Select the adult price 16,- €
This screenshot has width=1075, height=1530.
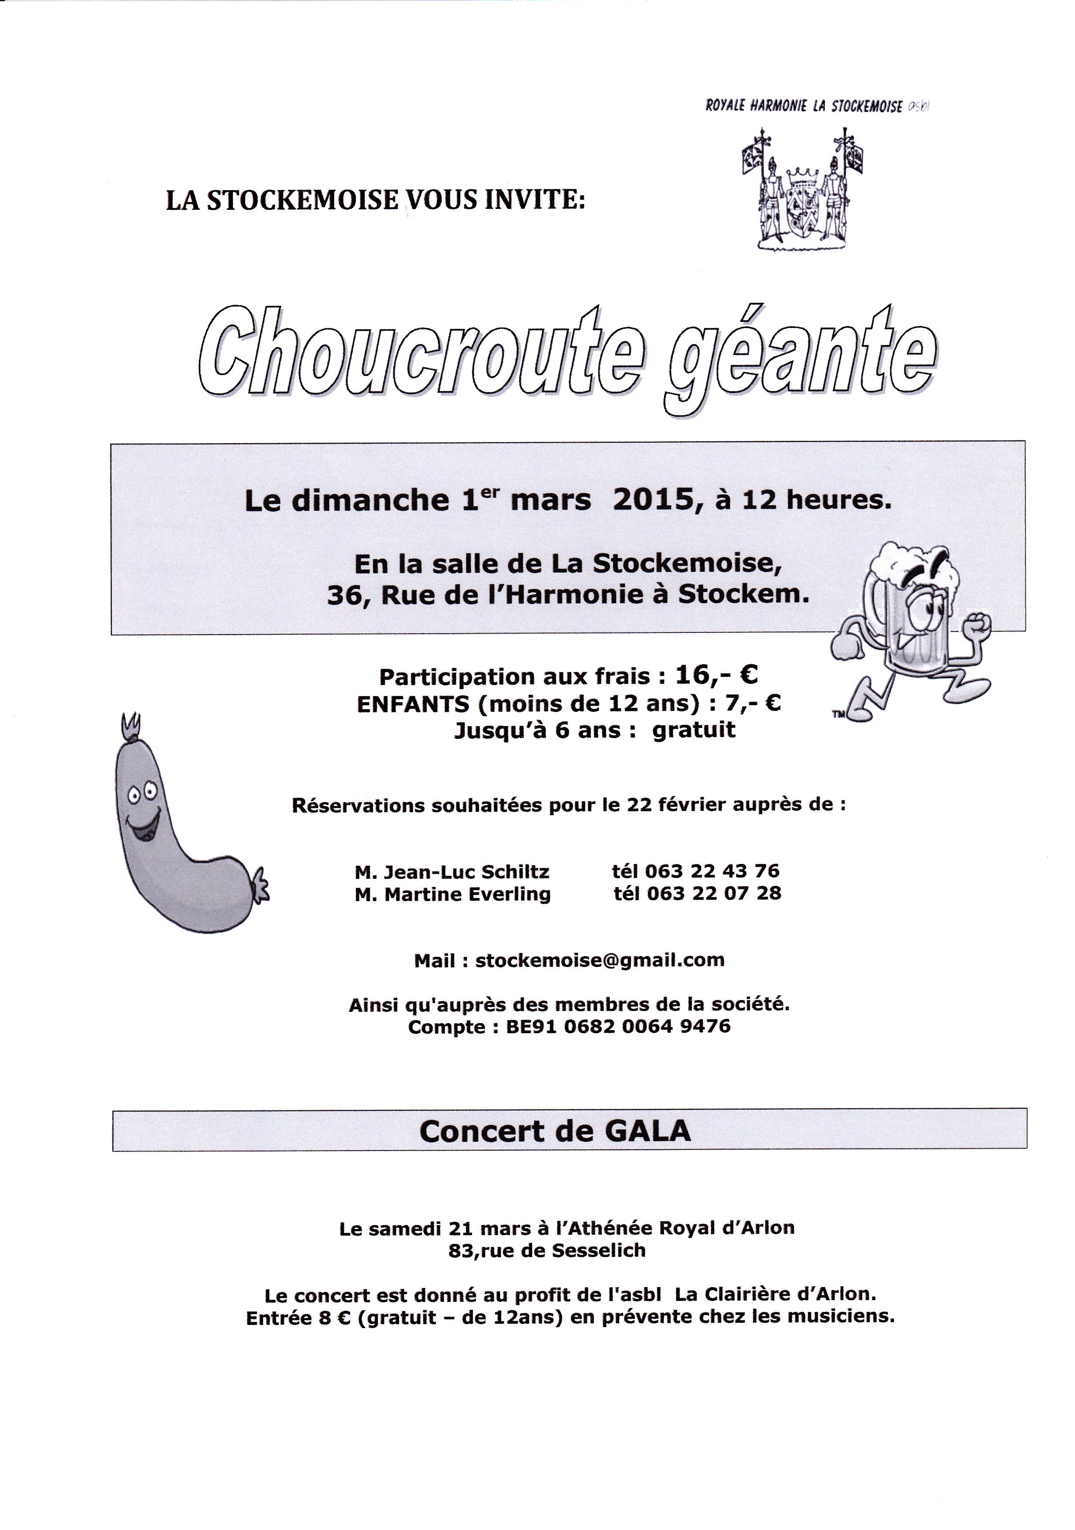[716, 676]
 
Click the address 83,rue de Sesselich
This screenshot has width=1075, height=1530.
[547, 1250]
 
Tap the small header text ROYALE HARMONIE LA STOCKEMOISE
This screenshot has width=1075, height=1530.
[804, 106]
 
